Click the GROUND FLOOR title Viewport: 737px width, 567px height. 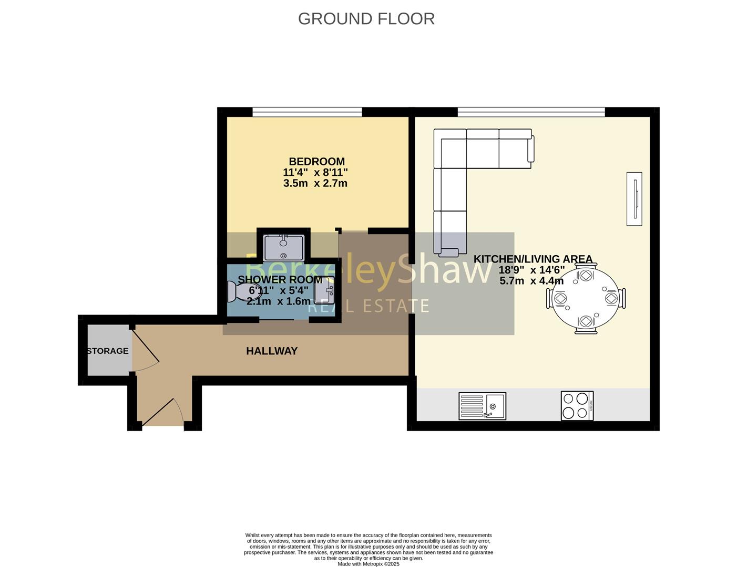pyautogui.click(x=366, y=18)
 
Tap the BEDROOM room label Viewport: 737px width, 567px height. pyautogui.click(x=316, y=161)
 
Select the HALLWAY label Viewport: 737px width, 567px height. pyautogui.click(x=272, y=351)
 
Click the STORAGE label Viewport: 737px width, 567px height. pyautogui.click(x=107, y=351)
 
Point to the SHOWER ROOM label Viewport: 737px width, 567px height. pyautogui.click(x=280, y=279)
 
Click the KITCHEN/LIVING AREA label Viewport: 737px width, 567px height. pyautogui.click(x=533, y=259)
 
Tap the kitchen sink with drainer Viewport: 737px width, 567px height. pyautogui.click(x=482, y=406)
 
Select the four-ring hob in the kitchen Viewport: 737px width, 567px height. pyautogui.click(x=577, y=406)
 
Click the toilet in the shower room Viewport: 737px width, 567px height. pyautogui.click(x=243, y=291)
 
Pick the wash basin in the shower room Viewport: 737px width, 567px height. pyautogui.click(x=324, y=290)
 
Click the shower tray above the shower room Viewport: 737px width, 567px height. pyautogui.click(x=284, y=248)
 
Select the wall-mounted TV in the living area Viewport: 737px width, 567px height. pyautogui.click(x=634, y=198)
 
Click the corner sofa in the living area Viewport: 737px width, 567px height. pyautogui.click(x=463, y=168)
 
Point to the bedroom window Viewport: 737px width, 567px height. pyautogui.click(x=307, y=111)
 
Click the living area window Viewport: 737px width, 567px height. pyautogui.click(x=531, y=111)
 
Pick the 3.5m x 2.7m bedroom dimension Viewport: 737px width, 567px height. pyautogui.click(x=315, y=183)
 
